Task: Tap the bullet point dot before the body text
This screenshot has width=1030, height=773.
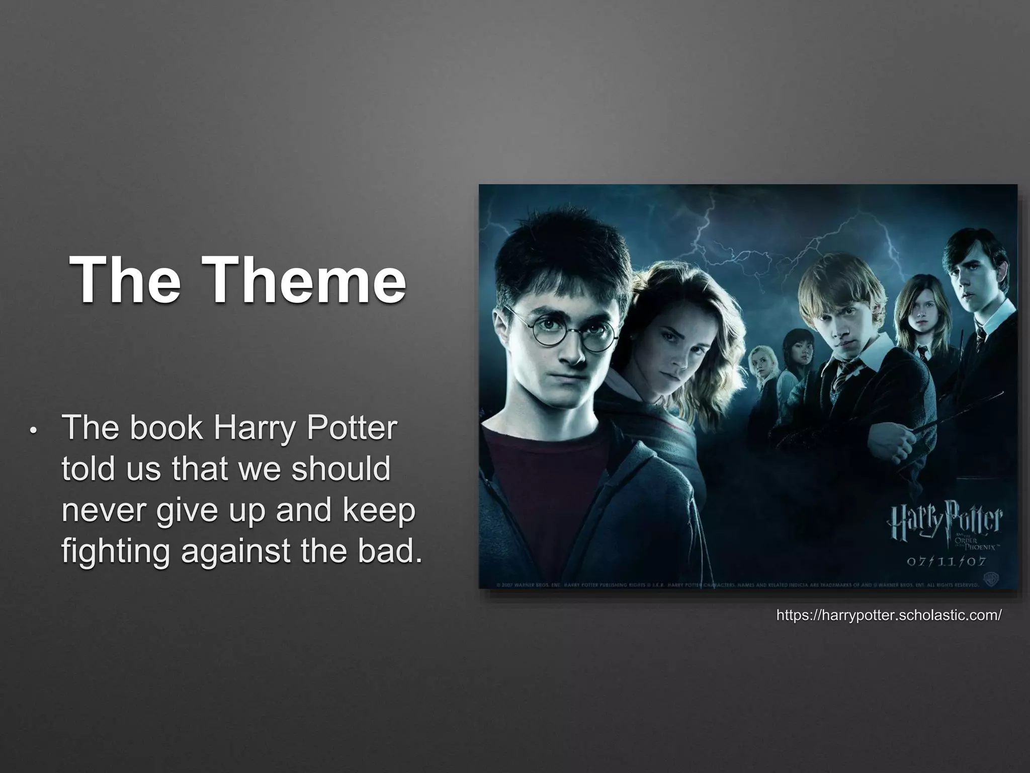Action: (x=33, y=432)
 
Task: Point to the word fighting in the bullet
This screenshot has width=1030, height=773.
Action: (x=116, y=552)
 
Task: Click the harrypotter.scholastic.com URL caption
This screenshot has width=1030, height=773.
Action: (x=889, y=615)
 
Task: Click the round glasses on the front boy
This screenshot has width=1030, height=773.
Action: (x=561, y=330)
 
